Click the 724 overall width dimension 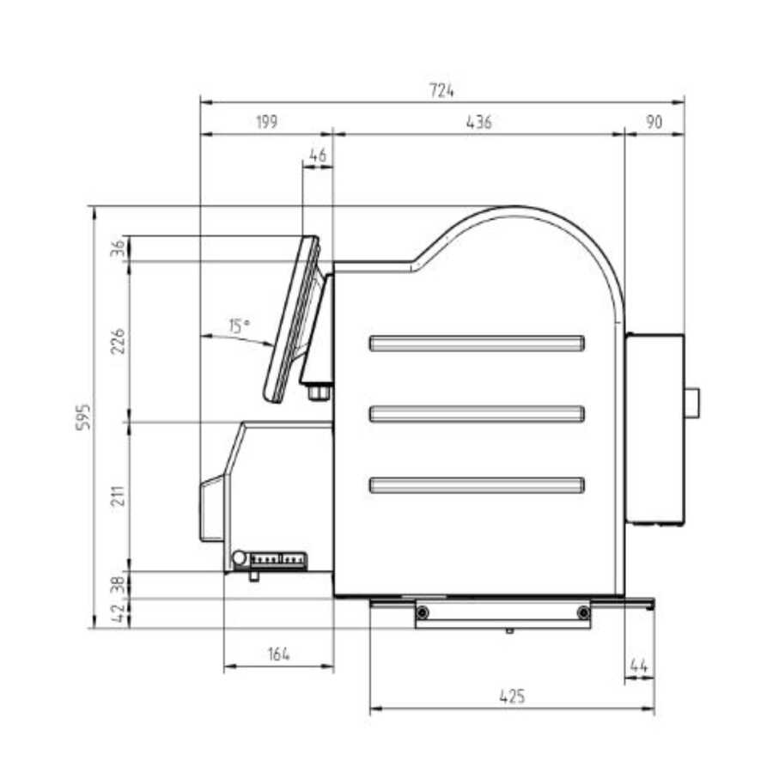tap(441, 90)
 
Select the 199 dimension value tap(267, 122)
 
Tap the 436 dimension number tap(478, 122)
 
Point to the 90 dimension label tap(654, 122)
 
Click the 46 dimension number tap(318, 155)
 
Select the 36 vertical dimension tap(118, 248)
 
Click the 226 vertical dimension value tap(118, 341)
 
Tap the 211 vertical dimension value tap(118, 496)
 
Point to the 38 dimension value tap(119, 585)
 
